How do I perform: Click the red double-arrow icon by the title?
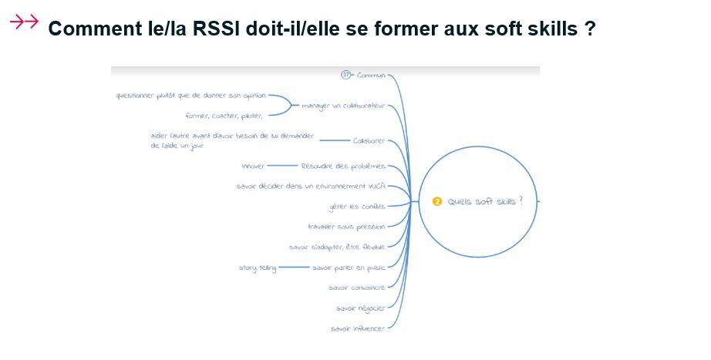coord(24,22)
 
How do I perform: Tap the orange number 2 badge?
coord(437,201)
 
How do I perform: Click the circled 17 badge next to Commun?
coord(346,75)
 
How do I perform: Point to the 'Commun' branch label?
coord(371,76)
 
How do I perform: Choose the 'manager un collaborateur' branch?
coord(343,106)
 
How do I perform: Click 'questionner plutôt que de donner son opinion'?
coord(190,96)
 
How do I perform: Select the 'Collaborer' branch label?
coord(369,140)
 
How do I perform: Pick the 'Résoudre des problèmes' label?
coord(343,166)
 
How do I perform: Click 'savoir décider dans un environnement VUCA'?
coord(310,186)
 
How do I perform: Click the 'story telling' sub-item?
coord(258,267)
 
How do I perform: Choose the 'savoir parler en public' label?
coord(349,267)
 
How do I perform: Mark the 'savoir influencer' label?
coord(356,329)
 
